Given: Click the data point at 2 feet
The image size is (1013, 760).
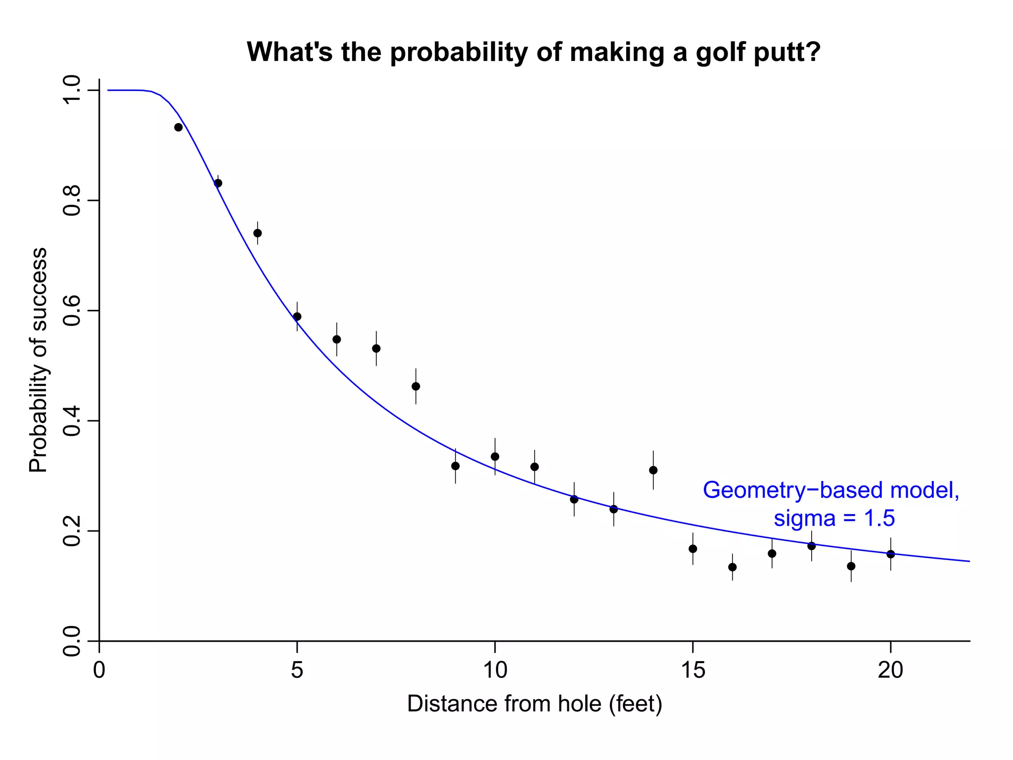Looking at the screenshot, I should pyautogui.click(x=179, y=127).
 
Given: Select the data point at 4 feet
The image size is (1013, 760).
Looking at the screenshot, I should pyautogui.click(x=258, y=233).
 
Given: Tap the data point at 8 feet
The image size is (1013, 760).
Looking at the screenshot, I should pyautogui.click(x=416, y=386).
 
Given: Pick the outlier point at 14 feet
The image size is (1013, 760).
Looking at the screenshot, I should pyautogui.click(x=653, y=470).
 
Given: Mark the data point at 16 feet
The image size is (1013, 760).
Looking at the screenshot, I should pyautogui.click(x=733, y=567).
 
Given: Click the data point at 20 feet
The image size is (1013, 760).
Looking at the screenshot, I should pyautogui.click(x=891, y=554).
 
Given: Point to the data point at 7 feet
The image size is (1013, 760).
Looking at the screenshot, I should pyautogui.click(x=376, y=348).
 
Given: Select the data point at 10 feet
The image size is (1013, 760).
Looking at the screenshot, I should pyautogui.click(x=495, y=456).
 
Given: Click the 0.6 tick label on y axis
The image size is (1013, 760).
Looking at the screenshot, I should pyautogui.click(x=73, y=311).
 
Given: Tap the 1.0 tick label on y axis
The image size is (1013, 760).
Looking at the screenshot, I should pyautogui.click(x=73, y=91).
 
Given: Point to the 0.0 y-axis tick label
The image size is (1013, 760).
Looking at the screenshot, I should pyautogui.click(x=73, y=641).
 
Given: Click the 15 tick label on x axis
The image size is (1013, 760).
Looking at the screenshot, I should pyautogui.click(x=692, y=670).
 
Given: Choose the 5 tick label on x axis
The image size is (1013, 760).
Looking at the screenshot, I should pyautogui.click(x=297, y=670).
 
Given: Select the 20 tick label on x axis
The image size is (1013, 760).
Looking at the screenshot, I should pyautogui.click(x=890, y=670).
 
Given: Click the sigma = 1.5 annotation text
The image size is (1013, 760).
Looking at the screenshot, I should pyautogui.click(x=834, y=519).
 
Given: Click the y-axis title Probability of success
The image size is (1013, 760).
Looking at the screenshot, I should pyautogui.click(x=38, y=360).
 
